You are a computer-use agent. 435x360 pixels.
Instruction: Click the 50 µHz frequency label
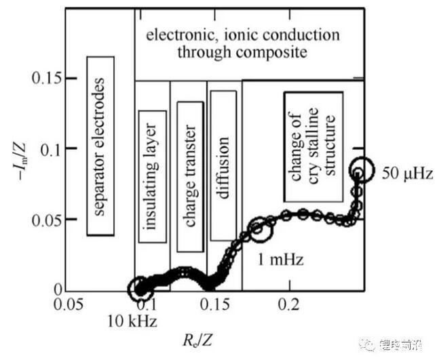coord(406,173)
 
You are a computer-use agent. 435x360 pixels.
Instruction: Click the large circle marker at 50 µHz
coord(362,169)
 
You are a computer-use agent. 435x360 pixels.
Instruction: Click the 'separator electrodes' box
coord(100,146)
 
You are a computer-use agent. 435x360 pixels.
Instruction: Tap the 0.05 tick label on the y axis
coord(47,220)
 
